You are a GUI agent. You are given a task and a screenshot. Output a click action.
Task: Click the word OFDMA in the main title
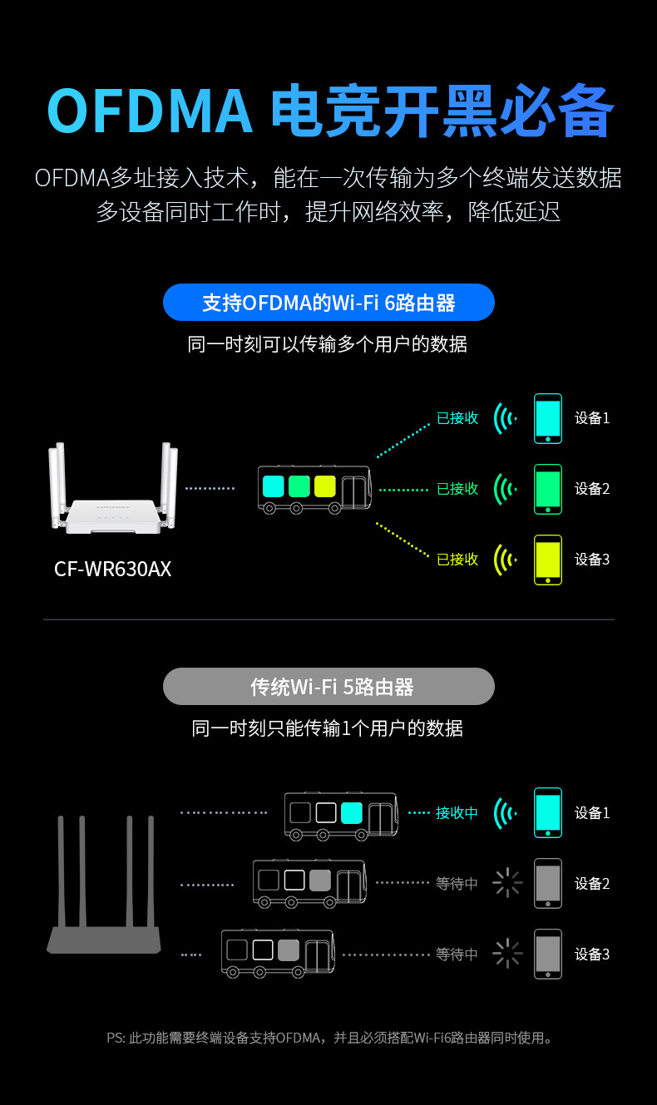150,111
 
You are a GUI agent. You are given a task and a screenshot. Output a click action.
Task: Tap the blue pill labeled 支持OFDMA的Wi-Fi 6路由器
328,303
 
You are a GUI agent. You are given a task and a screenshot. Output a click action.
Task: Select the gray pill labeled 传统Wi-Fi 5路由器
328,687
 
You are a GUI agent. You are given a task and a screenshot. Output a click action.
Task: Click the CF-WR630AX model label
112,569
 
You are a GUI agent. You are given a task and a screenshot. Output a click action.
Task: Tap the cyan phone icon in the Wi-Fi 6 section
547,418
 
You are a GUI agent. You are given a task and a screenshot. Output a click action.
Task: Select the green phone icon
547,489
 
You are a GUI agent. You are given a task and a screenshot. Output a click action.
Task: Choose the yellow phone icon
547,560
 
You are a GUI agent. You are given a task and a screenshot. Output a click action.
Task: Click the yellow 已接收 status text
457,560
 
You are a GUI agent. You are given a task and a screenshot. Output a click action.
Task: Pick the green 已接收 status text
457,489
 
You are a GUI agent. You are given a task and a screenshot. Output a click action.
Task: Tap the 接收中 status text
457,813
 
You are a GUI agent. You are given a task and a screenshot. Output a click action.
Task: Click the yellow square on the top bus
324,486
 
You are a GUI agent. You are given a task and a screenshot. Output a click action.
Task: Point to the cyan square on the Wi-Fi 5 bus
351,812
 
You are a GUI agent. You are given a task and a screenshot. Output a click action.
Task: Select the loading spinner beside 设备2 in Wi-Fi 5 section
506,883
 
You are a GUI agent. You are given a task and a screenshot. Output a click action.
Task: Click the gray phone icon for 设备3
547,954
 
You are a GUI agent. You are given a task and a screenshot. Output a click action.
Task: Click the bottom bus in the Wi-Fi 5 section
277,953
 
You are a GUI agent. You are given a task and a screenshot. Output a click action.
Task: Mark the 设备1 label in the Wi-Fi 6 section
592,418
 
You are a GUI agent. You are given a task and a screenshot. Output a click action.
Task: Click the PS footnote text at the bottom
328,1038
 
